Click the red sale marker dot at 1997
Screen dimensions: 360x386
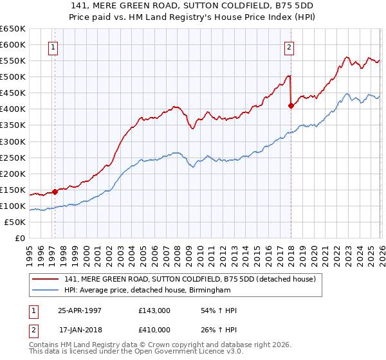click(x=55, y=191)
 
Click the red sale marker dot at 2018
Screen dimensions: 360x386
click(x=291, y=106)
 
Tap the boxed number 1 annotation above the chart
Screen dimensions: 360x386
click(x=52, y=46)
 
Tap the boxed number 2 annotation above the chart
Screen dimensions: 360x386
click(x=289, y=46)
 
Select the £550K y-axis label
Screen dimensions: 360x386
click(x=13, y=61)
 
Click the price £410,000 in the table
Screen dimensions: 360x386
click(x=154, y=330)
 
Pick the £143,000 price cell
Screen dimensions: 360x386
click(x=154, y=310)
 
